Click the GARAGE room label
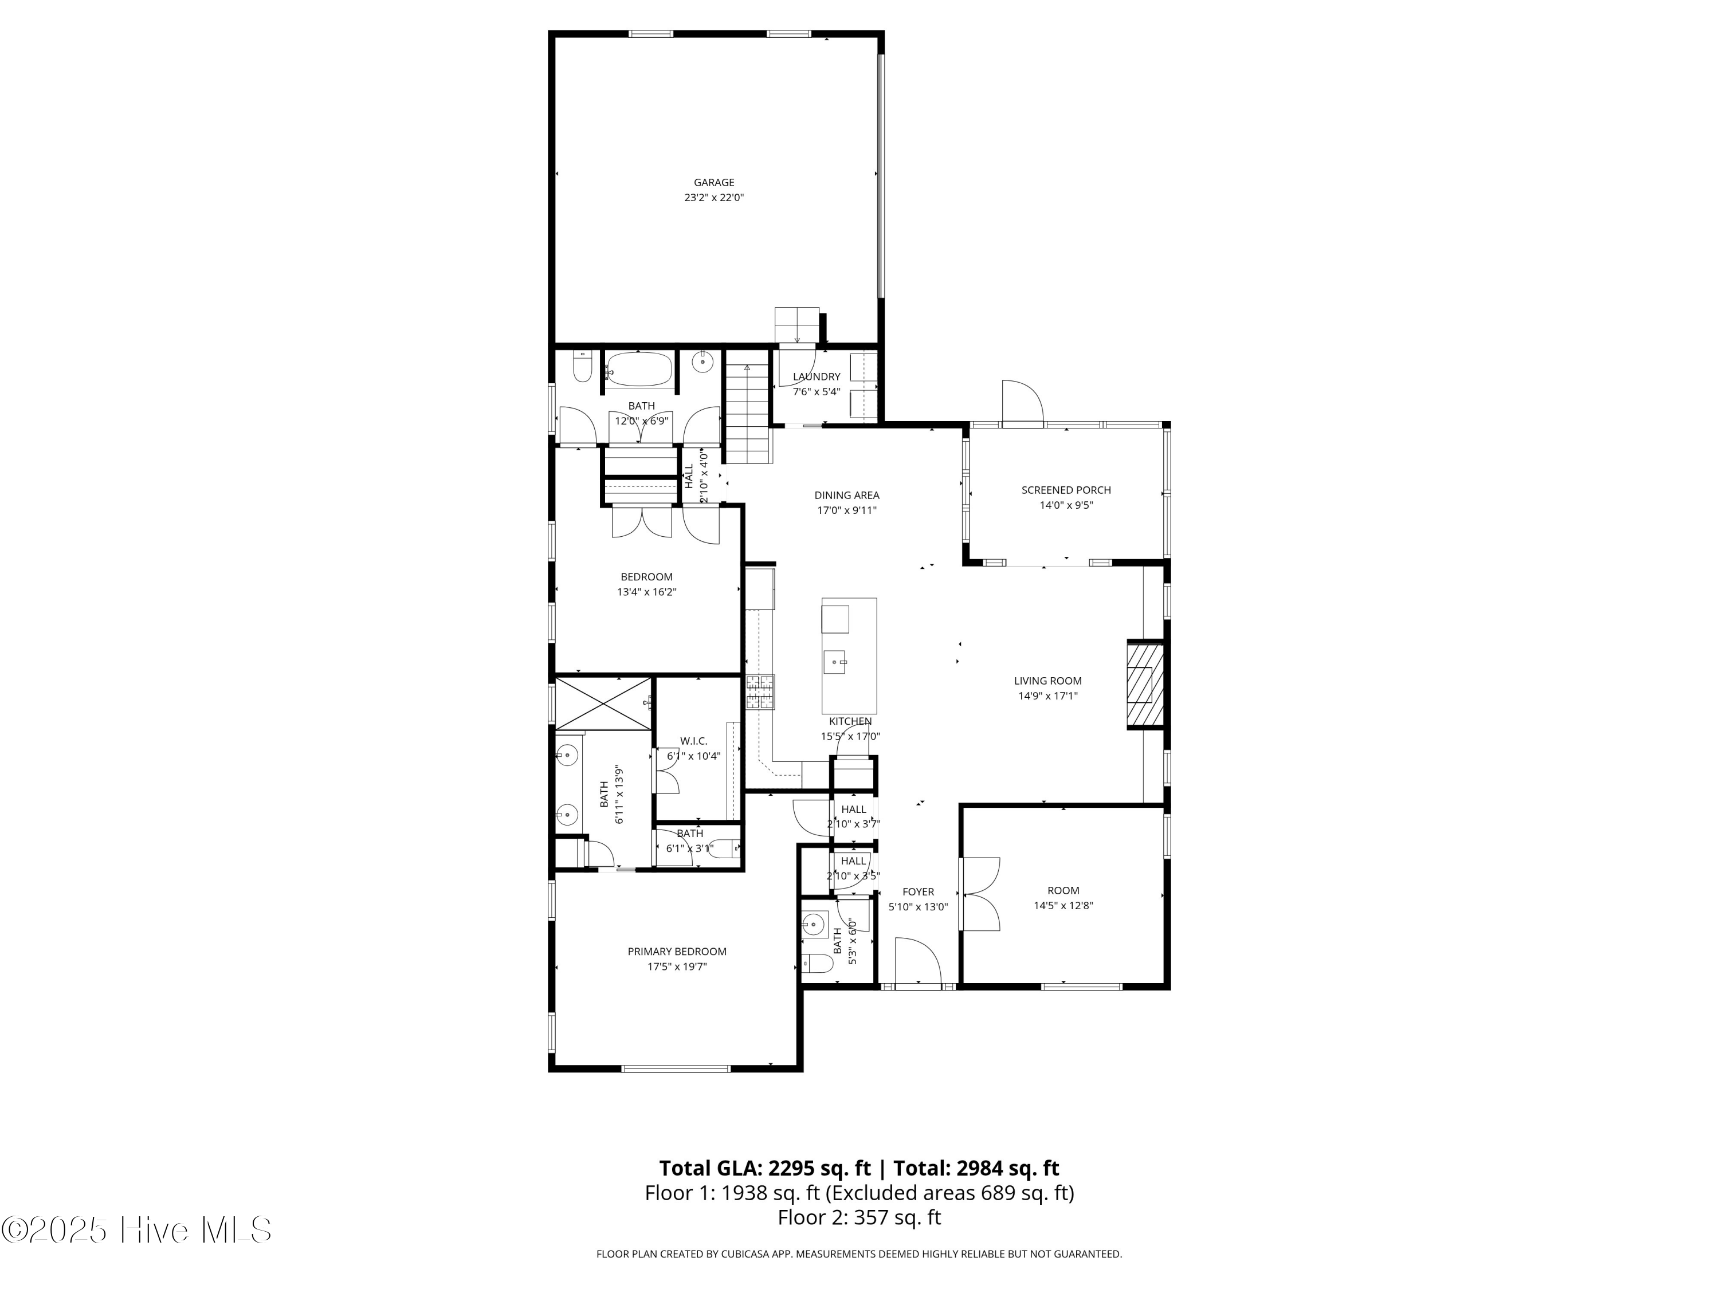pos(713,183)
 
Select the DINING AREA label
pos(846,496)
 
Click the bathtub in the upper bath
pos(639,370)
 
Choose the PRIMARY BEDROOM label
pos(677,952)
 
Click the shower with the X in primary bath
pos(603,703)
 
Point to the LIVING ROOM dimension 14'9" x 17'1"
pos(1047,696)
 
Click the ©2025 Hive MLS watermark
pos(136,1230)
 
